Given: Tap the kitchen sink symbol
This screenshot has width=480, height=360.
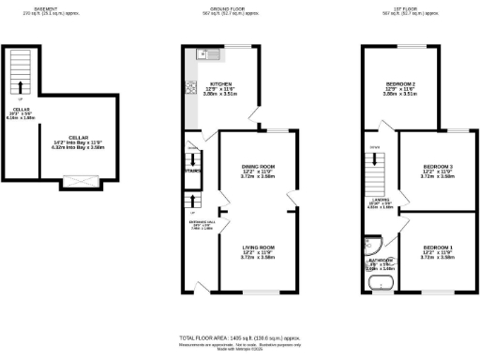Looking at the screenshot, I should pos(203,55).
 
